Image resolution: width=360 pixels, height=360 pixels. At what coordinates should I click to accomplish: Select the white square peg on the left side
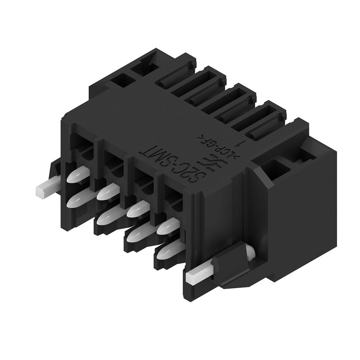tap(45, 189)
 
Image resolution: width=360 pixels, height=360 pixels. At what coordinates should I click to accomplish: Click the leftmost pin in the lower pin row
tap(76, 200)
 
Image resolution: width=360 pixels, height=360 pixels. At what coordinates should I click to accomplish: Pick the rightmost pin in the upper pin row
tap(166, 225)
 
